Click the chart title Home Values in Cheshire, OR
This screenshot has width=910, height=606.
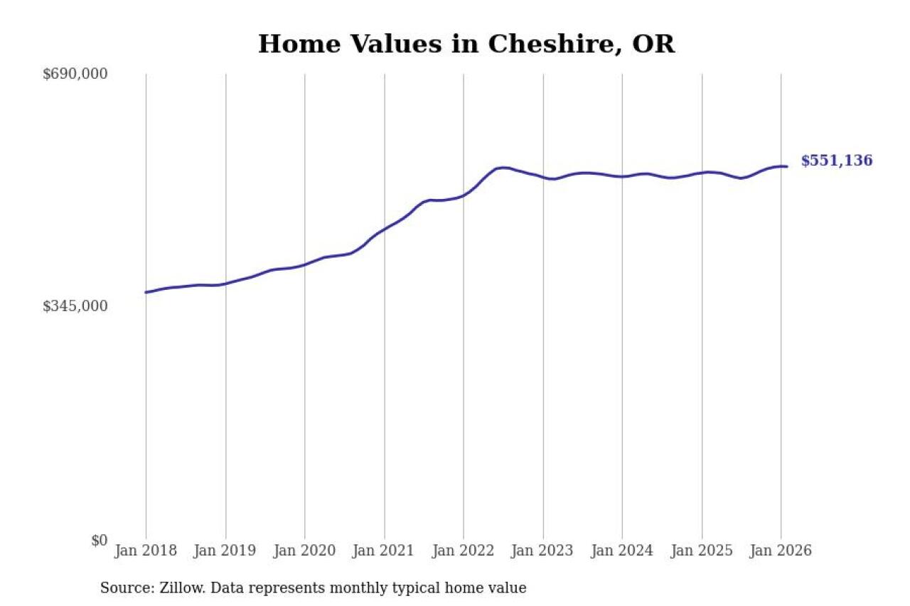pos(466,44)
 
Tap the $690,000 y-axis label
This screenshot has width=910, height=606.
pos(75,74)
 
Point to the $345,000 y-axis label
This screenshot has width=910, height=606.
pos(75,306)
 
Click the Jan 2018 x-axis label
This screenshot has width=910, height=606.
pos(146,551)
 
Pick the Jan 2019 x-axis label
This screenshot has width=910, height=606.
pos(225,551)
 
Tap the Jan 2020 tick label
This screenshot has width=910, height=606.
pos(305,551)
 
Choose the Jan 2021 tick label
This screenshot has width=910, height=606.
pos(385,551)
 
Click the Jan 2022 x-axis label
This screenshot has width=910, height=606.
pos(464,551)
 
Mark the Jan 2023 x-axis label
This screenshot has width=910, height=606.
pos(543,551)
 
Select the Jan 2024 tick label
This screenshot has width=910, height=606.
pos(623,551)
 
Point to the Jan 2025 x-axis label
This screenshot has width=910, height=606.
pos(702,551)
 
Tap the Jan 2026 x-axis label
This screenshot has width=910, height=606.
pos(781,551)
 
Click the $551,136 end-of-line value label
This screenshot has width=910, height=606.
pos(837,161)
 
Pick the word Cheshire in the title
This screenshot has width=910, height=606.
pos(546,44)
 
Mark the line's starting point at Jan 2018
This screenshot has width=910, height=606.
pos(146,292)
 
